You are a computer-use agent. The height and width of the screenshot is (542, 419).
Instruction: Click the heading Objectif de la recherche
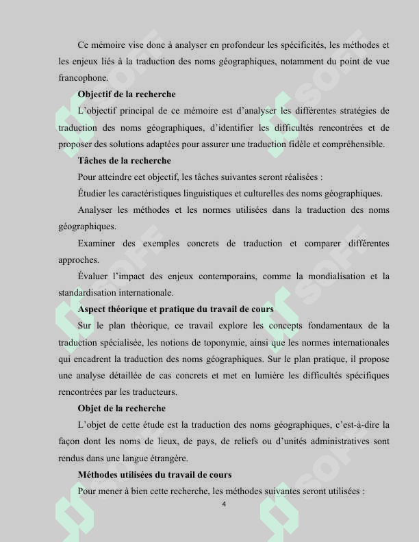127,94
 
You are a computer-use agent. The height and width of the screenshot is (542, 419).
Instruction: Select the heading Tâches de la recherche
125,161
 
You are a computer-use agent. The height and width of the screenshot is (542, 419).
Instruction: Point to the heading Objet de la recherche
122,409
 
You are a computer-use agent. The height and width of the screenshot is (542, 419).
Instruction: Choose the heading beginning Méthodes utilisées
155,474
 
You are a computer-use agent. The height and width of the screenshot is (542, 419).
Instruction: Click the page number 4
224,504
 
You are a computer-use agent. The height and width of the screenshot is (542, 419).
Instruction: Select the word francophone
82,78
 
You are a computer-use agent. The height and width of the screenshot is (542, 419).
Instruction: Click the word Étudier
94,194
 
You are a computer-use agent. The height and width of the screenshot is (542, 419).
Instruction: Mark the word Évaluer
94,276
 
